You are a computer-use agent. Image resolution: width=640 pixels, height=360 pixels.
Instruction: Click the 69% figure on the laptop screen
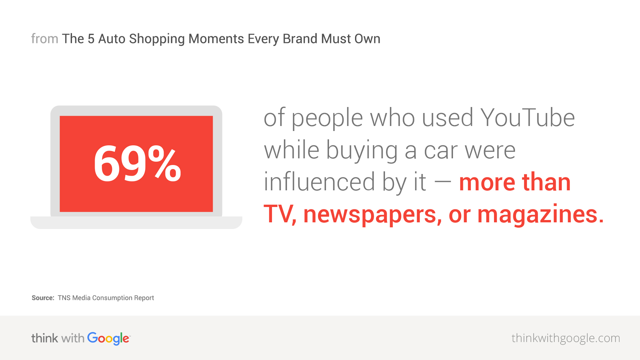pyautogui.click(x=137, y=164)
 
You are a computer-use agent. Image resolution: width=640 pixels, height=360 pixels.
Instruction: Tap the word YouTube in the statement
pyautogui.click(x=527, y=118)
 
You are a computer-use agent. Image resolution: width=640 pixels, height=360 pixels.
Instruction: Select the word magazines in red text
pyautogui.click(x=540, y=214)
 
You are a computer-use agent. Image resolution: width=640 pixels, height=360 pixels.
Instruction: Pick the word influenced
pyautogui.click(x=319, y=182)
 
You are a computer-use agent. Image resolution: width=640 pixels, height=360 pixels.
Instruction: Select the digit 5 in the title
pyautogui.click(x=91, y=39)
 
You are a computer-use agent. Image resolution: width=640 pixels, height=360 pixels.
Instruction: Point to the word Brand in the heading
pyautogui.click(x=300, y=39)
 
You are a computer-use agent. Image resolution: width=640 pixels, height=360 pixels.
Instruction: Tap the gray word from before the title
pyautogui.click(x=45, y=39)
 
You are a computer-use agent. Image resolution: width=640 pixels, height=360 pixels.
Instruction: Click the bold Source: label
pyautogui.click(x=43, y=298)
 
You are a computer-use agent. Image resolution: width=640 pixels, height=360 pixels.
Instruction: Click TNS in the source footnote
pyautogui.click(x=64, y=298)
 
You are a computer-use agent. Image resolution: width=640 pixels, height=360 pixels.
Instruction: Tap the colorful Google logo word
pyautogui.click(x=109, y=339)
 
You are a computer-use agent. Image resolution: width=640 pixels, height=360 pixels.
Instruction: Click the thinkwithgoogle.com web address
pyautogui.click(x=566, y=338)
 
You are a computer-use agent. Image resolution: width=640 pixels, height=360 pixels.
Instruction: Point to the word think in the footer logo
pyautogui.click(x=45, y=338)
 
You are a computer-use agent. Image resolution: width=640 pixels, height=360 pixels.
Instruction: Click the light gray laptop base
pyautogui.click(x=136, y=222)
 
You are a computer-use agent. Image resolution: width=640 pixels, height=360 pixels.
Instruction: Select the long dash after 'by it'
pyautogui.click(x=443, y=182)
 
